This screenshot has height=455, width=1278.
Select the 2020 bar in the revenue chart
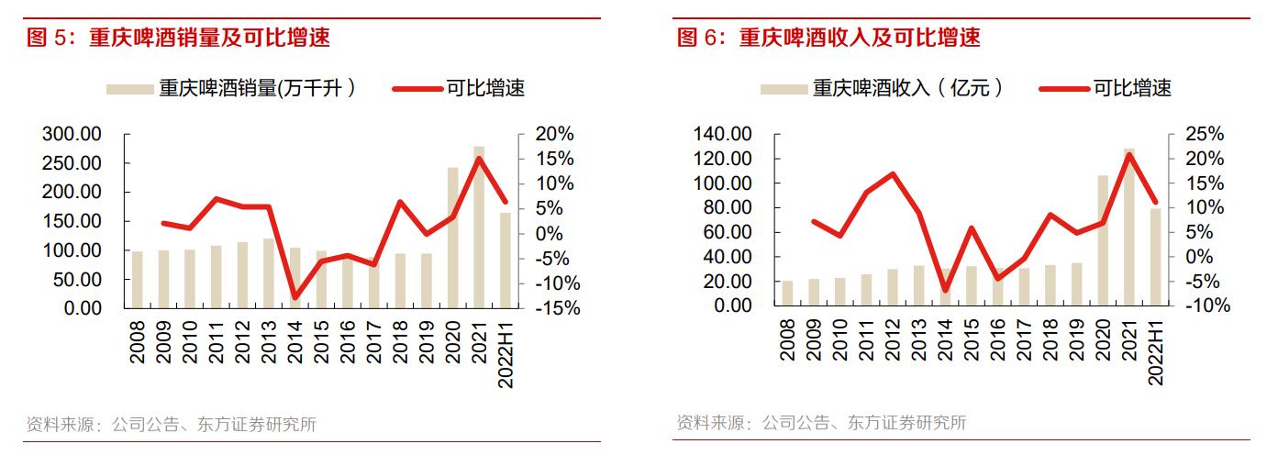(x=1103, y=240)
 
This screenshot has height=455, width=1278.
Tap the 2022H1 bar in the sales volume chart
(x=505, y=261)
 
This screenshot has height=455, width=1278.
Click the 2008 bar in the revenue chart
(x=787, y=294)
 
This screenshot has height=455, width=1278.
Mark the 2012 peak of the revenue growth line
(x=893, y=174)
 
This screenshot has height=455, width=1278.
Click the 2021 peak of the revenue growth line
(x=1129, y=154)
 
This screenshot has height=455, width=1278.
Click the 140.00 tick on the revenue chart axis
(x=722, y=134)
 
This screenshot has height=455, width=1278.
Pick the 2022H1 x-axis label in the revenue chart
(x=1156, y=349)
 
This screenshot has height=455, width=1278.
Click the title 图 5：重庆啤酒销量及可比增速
(x=178, y=38)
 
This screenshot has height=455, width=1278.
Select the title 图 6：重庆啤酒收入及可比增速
(x=828, y=38)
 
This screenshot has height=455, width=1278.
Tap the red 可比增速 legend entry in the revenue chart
(x=1106, y=89)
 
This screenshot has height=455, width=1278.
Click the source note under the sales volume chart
(x=171, y=424)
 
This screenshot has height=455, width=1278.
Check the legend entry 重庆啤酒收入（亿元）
(x=882, y=89)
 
